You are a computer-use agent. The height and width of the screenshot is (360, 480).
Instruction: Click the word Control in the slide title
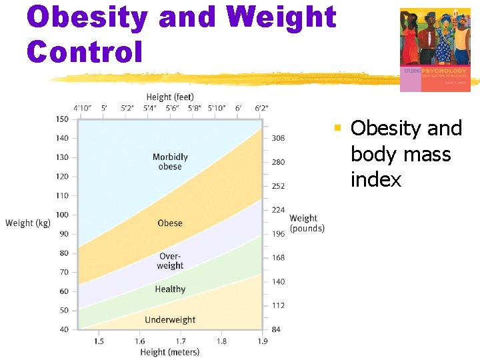point(85,51)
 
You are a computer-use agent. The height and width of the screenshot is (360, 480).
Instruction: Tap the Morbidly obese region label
point(170,162)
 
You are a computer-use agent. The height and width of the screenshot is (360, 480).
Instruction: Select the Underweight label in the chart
point(170,320)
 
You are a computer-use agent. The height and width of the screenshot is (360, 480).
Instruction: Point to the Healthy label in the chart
point(170,289)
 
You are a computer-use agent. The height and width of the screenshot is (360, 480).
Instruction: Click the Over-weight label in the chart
point(170,261)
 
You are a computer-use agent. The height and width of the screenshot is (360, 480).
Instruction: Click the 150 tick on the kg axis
point(62,119)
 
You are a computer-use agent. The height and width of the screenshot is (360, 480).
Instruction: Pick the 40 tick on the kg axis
point(63,329)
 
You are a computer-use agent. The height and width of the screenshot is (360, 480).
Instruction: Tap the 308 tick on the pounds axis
point(278,138)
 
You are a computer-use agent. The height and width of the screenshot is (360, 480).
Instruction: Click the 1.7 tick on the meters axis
point(181,341)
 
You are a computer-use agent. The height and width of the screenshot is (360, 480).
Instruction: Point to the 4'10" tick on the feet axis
point(83,108)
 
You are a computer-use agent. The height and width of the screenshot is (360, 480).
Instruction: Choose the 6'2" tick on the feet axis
point(261,108)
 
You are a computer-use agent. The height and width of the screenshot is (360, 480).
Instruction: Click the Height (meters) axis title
point(170,352)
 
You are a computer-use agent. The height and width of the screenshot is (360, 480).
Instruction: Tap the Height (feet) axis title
point(170,97)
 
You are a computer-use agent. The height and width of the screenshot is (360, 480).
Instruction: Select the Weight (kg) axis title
point(28,223)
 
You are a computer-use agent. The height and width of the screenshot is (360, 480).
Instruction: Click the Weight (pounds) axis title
point(307,223)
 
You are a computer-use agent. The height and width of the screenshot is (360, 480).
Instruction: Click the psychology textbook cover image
point(435,49)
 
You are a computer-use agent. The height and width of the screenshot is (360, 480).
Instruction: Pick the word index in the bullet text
point(376,180)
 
